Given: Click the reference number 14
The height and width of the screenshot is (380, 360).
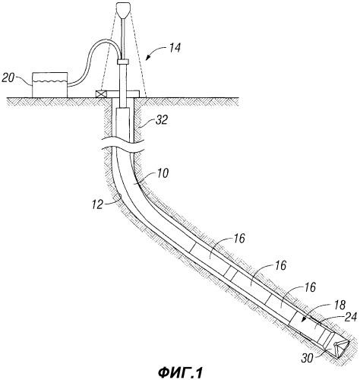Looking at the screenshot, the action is [x=175, y=47].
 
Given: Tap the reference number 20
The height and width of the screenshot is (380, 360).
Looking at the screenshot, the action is [x=8, y=78].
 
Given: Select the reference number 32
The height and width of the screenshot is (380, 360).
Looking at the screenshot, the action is [x=161, y=119].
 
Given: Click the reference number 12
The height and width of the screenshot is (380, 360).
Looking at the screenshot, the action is [x=98, y=204].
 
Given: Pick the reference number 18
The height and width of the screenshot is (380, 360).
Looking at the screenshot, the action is [x=339, y=305].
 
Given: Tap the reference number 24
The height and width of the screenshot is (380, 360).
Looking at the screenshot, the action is [x=351, y=317].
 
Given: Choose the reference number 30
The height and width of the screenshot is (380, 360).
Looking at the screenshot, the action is [x=308, y=358].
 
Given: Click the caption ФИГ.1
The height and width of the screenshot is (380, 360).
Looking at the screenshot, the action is [x=181, y=372].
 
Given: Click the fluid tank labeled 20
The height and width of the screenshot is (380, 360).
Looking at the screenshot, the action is [x=50, y=85].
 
